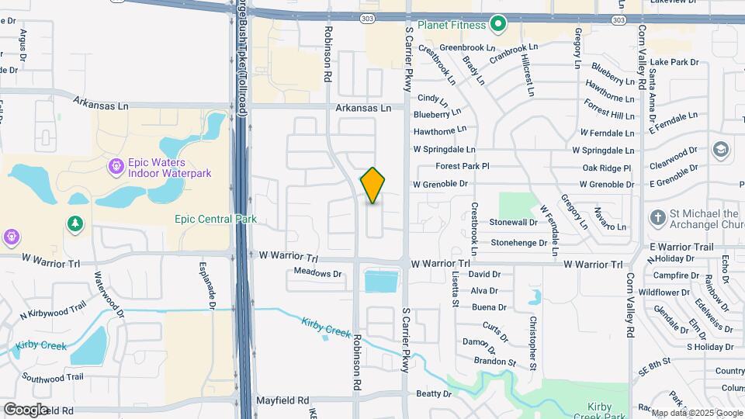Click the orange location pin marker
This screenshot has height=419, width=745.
[x=372, y=185]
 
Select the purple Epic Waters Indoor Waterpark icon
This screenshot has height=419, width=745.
[x=116, y=165]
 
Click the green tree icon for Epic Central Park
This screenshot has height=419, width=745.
[x=75, y=223]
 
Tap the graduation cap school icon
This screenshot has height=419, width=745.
[x=721, y=149]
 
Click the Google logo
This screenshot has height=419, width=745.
[x=25, y=409]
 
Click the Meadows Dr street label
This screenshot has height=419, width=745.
[x=318, y=273]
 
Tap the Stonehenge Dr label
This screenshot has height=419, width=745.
[x=514, y=243]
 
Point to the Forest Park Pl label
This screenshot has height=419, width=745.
[x=463, y=166]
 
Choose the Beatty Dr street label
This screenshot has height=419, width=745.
[x=434, y=394]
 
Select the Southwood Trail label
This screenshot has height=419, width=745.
[x=53, y=377]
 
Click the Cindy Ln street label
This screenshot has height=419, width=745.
[x=433, y=99]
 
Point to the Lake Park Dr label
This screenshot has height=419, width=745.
[x=674, y=61]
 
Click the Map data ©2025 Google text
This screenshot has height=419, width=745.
[x=697, y=413]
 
